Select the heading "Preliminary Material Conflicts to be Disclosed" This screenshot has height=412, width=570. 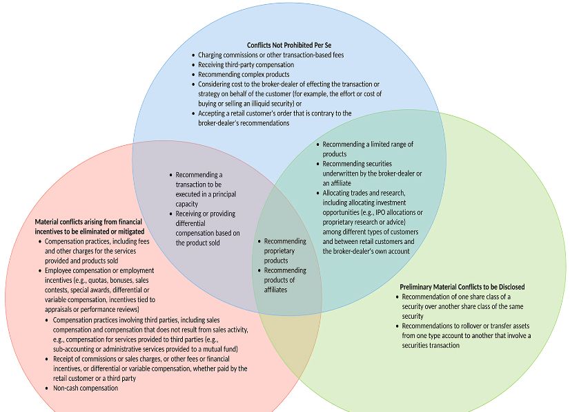coord(462,286)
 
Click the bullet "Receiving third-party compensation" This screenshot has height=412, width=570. coord(246,64)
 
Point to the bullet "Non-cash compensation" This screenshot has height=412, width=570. coord(85,388)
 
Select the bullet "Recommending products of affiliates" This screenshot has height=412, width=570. coord(284,280)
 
